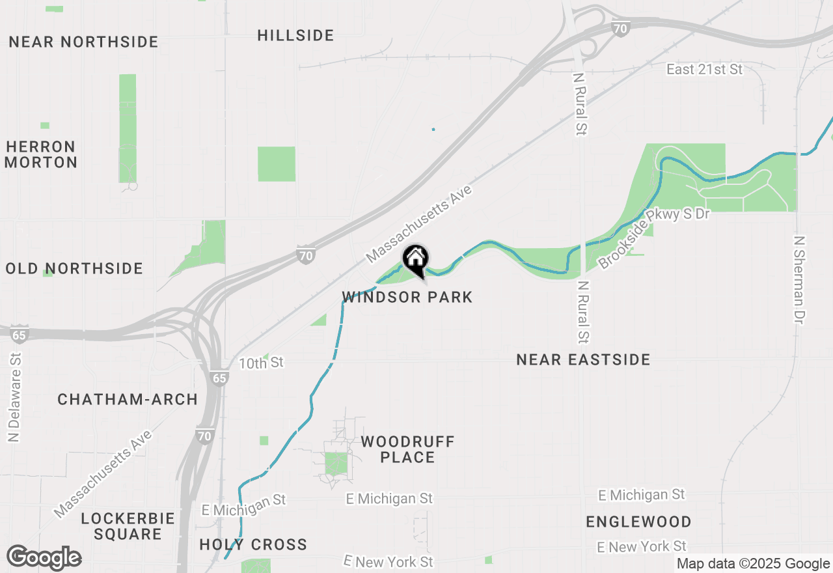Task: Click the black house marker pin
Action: (415, 260)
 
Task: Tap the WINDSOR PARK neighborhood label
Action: (407, 298)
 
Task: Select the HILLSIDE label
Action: (295, 35)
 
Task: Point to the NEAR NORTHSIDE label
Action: (84, 42)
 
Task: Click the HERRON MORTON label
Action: (40, 154)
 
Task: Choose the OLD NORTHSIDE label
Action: (74, 268)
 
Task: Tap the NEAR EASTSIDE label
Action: (583, 359)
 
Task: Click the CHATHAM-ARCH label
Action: (128, 399)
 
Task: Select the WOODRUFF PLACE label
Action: (407, 449)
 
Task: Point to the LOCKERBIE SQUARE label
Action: (128, 526)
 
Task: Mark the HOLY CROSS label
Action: (253, 544)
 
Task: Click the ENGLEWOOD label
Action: (638, 522)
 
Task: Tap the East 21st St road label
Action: (704, 69)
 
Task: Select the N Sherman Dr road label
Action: (800, 280)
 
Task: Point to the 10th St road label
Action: (261, 363)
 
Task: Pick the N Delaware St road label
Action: (14, 397)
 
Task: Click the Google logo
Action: (44, 558)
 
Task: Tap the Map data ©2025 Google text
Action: (753, 564)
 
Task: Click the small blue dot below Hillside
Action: (433, 129)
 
